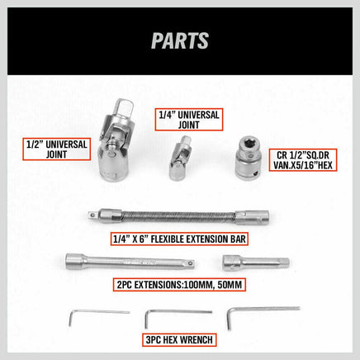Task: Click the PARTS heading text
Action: tap(180, 40)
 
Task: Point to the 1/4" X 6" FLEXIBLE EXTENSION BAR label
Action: tap(181, 239)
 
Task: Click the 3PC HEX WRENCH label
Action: tap(181, 339)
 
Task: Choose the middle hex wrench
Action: tap(174, 315)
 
